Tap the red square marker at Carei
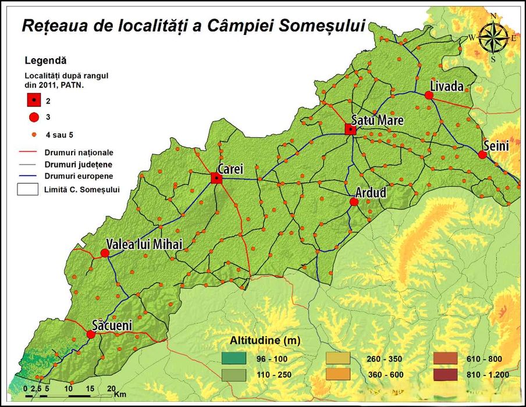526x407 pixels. coord(217,178)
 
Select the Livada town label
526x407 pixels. coord(446,87)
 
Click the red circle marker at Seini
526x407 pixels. coord(482,155)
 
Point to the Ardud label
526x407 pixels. coord(371,192)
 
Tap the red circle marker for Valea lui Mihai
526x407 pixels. coord(105,253)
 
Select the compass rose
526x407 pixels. coord(493,38)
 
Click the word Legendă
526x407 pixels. coord(46,60)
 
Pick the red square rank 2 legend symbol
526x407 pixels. coord(34,100)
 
